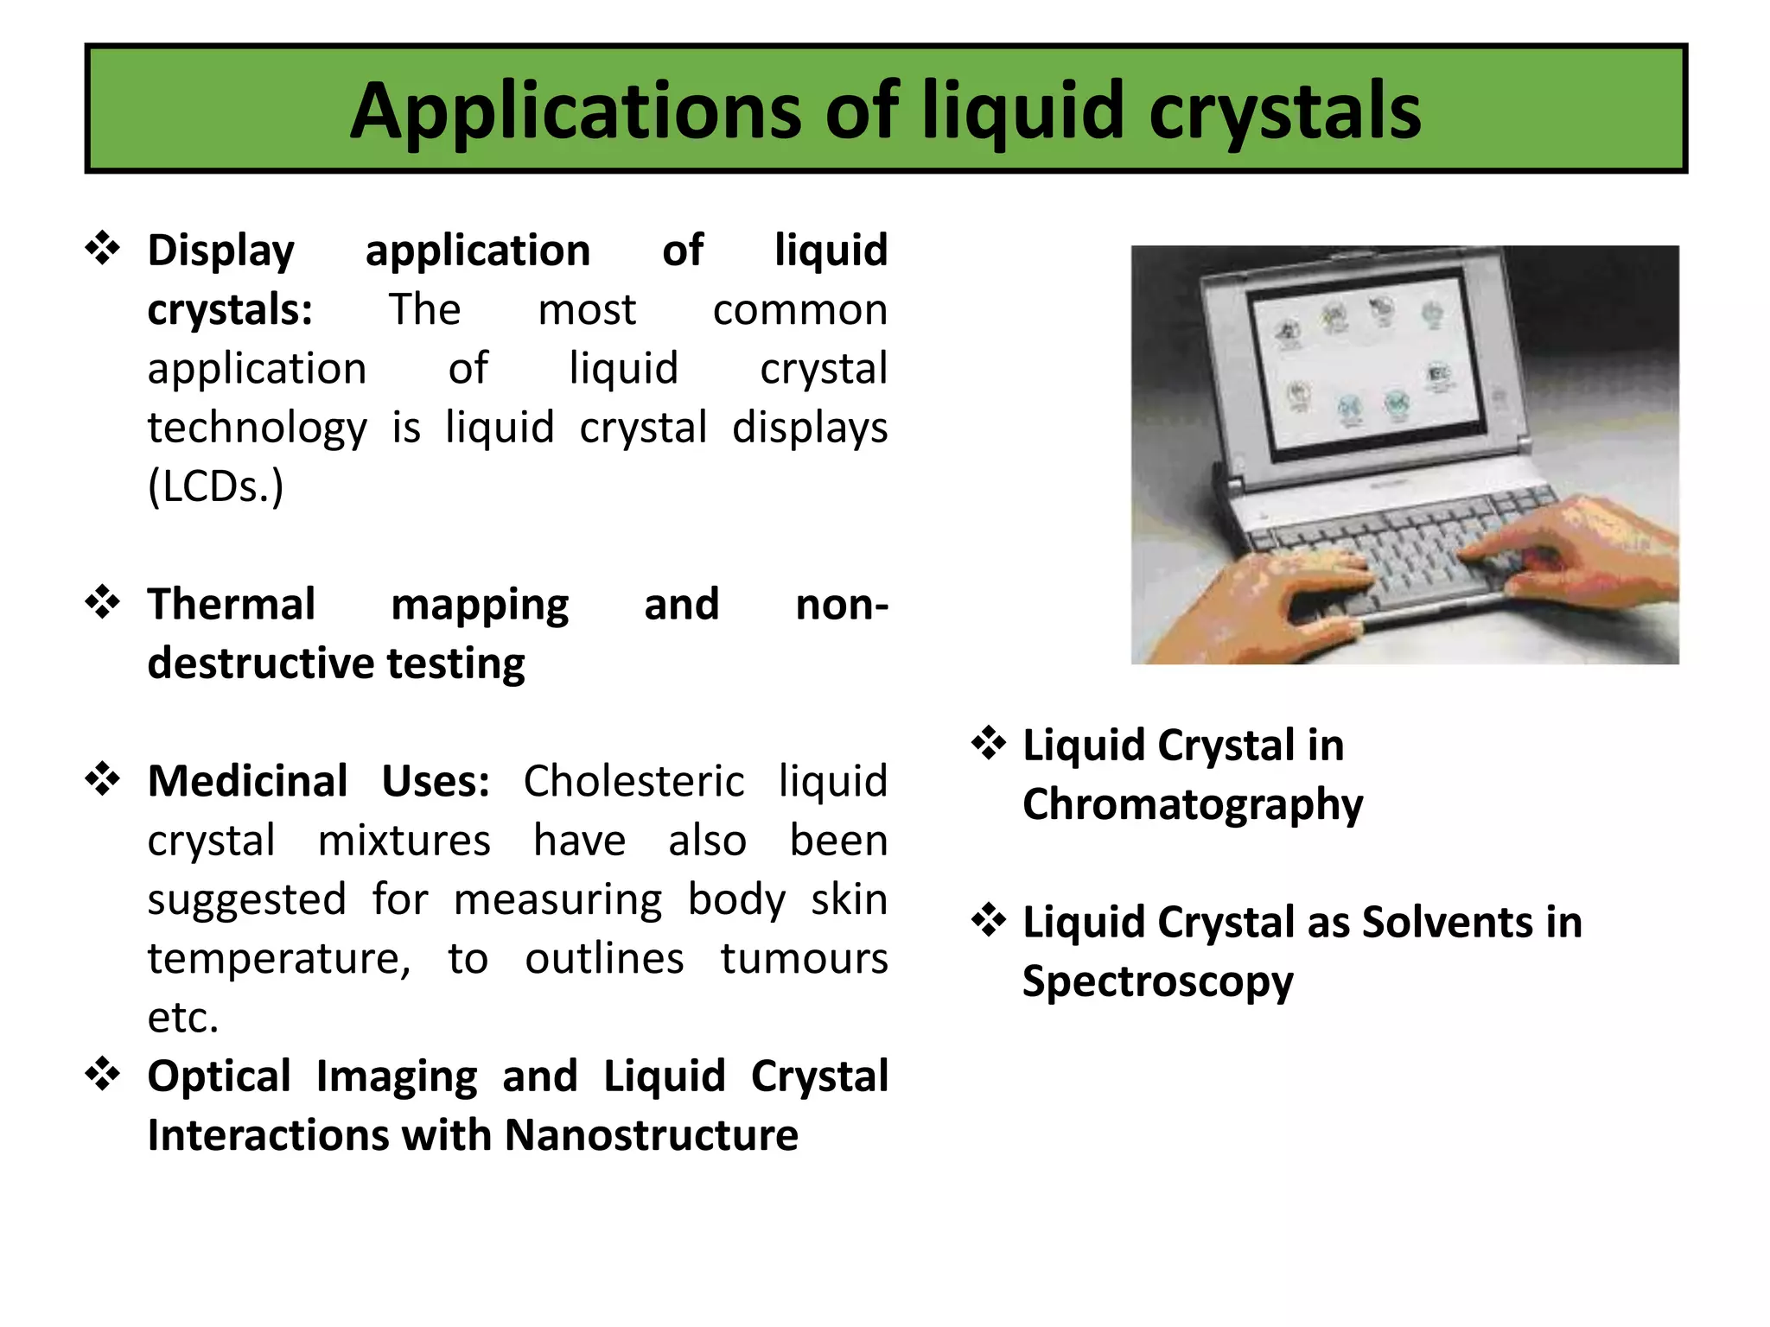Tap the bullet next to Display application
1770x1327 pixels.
(x=103, y=249)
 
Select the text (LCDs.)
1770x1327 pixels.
(x=215, y=486)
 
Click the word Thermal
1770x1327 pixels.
(x=231, y=604)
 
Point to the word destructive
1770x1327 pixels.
(x=259, y=663)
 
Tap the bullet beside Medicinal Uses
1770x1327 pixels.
(x=103, y=779)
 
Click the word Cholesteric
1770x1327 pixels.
(x=633, y=781)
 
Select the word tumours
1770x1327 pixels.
(x=804, y=958)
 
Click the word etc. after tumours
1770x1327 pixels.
(x=183, y=1018)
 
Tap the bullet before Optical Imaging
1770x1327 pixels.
(x=103, y=1075)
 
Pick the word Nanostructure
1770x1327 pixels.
(x=651, y=1135)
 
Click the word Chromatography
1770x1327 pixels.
(x=1192, y=805)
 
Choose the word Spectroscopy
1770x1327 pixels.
(x=1157, y=982)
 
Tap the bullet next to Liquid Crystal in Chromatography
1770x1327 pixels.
(x=989, y=744)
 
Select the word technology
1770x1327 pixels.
(x=257, y=428)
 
